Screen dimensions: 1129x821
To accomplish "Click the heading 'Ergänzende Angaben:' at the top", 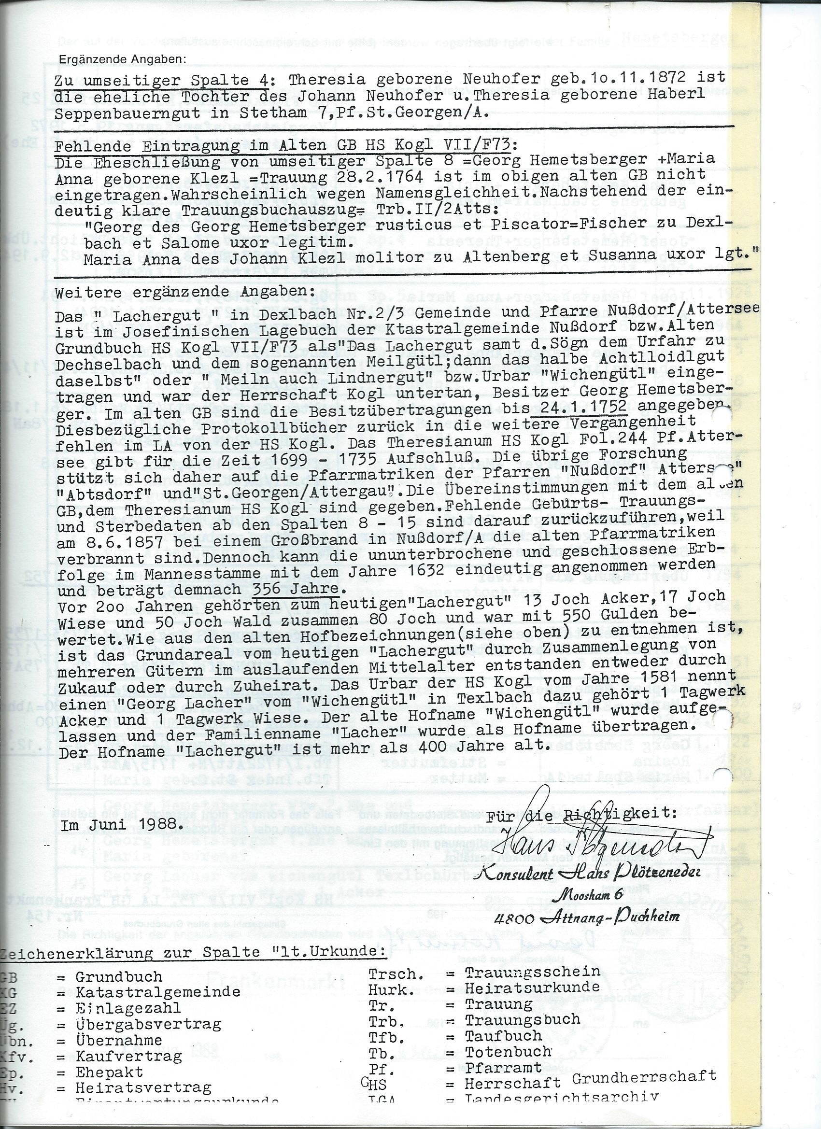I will coord(122,59).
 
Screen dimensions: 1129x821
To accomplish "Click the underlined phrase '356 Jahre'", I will coord(295,589).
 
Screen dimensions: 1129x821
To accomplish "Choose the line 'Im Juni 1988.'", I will coord(121,824).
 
